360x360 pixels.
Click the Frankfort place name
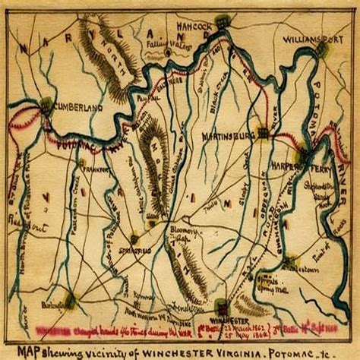(x=99, y=170)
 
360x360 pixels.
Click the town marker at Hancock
(x=221, y=21)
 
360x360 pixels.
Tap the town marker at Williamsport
(x=323, y=50)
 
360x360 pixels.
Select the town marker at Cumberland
(x=47, y=104)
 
